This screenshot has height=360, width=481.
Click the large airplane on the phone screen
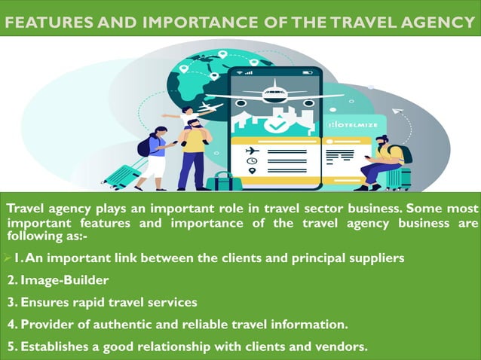pyautogui.click(x=274, y=94)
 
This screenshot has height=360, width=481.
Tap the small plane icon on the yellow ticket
pyautogui.click(x=251, y=150)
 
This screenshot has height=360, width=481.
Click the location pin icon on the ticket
pyautogui.click(x=251, y=171)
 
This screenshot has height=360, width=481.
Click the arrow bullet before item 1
pyautogui.click(x=5, y=258)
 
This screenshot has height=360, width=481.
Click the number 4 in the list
pyautogui.click(x=11, y=325)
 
